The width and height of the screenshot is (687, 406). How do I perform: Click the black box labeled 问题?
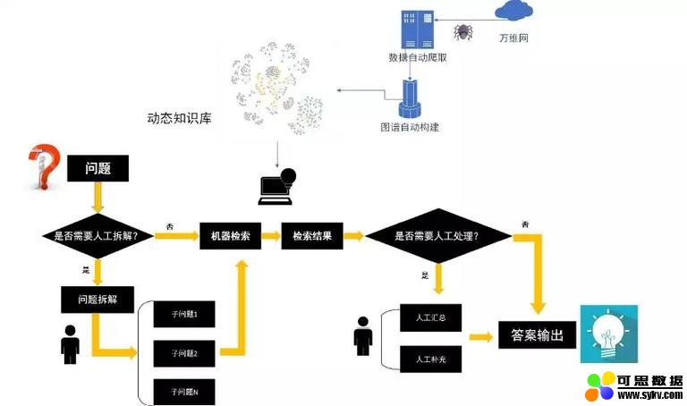[98, 168]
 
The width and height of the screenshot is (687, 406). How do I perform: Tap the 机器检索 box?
[230, 236]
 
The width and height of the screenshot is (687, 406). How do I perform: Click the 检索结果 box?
[312, 236]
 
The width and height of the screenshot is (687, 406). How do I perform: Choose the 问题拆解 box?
[98, 298]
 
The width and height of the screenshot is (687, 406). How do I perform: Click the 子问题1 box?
[184, 315]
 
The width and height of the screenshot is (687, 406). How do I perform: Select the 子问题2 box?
[184, 353]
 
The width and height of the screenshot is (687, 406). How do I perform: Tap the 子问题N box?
[184, 392]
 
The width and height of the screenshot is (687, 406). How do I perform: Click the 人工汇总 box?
[431, 317]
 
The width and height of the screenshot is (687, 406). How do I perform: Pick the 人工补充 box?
[431, 359]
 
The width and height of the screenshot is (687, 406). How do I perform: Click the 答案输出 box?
[537, 335]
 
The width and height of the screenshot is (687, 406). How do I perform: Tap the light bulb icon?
[608, 334]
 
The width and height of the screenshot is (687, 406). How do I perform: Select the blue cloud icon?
[513, 11]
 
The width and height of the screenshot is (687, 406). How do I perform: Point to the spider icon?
[462, 32]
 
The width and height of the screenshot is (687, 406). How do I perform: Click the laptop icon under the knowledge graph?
[276, 187]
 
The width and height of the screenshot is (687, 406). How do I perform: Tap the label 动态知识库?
[179, 118]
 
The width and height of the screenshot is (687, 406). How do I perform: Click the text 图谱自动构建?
[410, 127]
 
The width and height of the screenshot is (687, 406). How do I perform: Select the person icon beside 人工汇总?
[362, 336]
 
